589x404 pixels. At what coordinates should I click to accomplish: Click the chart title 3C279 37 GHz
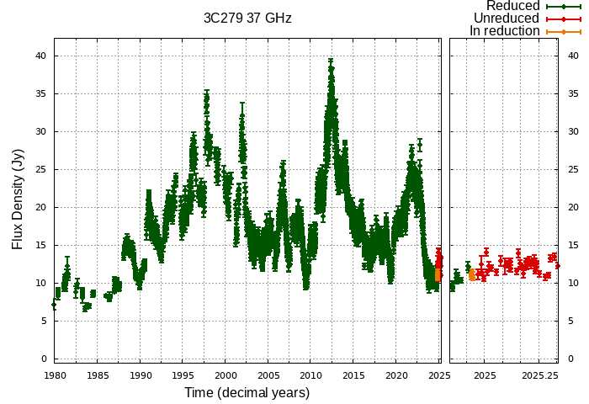click(x=247, y=18)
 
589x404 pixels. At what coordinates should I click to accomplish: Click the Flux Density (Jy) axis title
click(x=18, y=198)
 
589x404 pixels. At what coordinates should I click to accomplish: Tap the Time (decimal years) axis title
click(x=247, y=393)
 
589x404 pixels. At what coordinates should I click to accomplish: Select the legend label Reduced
click(x=512, y=6)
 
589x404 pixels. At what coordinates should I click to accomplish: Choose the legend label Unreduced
click(x=507, y=19)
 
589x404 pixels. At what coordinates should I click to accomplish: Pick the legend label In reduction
click(x=505, y=31)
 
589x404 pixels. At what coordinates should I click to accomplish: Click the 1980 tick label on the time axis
click(x=55, y=375)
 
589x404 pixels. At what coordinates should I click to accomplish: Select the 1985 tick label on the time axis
click(x=98, y=375)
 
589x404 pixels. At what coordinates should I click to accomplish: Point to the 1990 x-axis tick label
click(x=141, y=375)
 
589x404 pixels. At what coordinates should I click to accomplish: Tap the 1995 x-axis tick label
click(x=183, y=375)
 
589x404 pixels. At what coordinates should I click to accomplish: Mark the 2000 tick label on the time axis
click(x=226, y=375)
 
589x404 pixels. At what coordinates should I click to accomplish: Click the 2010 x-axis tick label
click(x=311, y=375)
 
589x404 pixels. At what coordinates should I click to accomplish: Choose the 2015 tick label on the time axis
click(x=354, y=375)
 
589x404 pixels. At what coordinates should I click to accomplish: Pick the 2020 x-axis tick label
click(x=397, y=375)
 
